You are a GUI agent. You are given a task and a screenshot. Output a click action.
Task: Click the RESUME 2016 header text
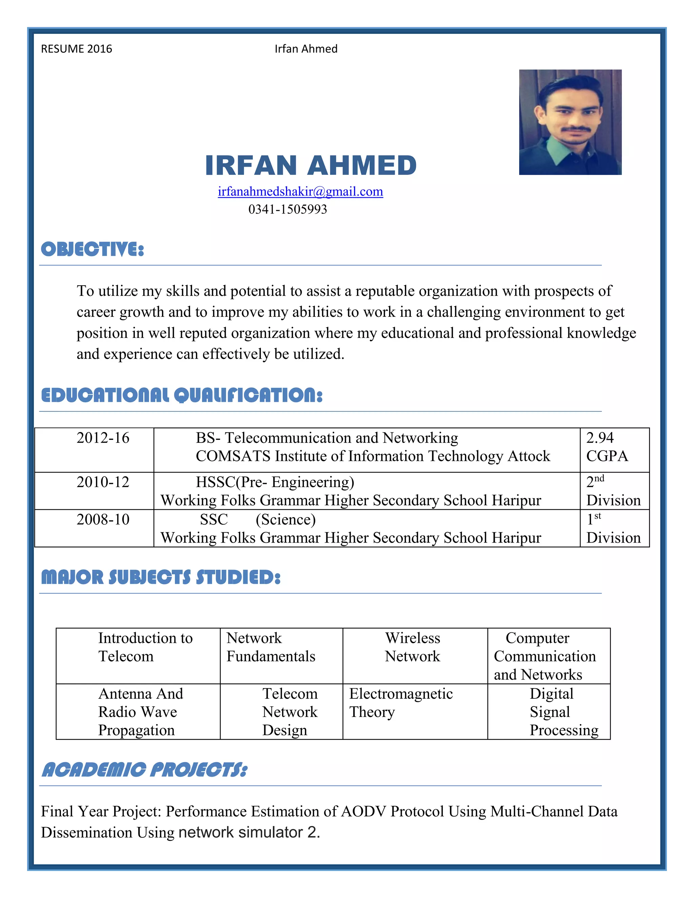[77, 49]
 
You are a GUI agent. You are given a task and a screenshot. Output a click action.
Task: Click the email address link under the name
[300, 191]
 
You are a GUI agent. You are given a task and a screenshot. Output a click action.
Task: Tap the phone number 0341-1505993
[287, 209]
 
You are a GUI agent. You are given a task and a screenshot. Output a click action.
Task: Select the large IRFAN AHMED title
[311, 165]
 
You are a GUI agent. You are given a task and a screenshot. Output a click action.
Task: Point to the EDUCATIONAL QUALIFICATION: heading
[182, 395]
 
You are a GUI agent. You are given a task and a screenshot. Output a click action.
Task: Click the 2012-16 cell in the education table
[103, 438]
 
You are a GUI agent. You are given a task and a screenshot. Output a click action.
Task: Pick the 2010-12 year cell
[103, 482]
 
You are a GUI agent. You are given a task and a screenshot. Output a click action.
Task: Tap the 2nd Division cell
[613, 491]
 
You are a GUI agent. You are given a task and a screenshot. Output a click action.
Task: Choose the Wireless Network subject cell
[412, 647]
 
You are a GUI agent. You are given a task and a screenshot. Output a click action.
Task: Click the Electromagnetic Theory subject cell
[401, 703]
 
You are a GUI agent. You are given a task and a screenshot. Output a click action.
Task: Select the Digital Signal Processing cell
[563, 712]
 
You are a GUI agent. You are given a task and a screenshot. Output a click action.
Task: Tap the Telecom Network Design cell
[290, 712]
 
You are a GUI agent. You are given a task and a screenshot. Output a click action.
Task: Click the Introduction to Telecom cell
[145, 647]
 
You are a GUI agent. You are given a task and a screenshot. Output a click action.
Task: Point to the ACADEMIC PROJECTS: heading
[145, 770]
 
